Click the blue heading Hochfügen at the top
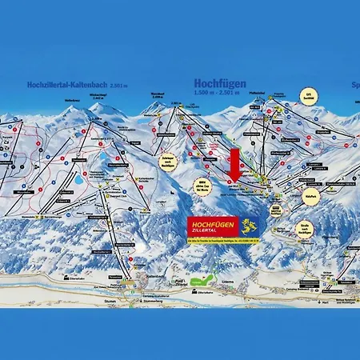(x=218, y=82)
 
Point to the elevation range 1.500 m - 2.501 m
(x=218, y=92)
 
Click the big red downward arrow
(x=235, y=165)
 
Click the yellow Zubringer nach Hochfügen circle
(x=168, y=162)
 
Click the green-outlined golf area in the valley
(x=206, y=280)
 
